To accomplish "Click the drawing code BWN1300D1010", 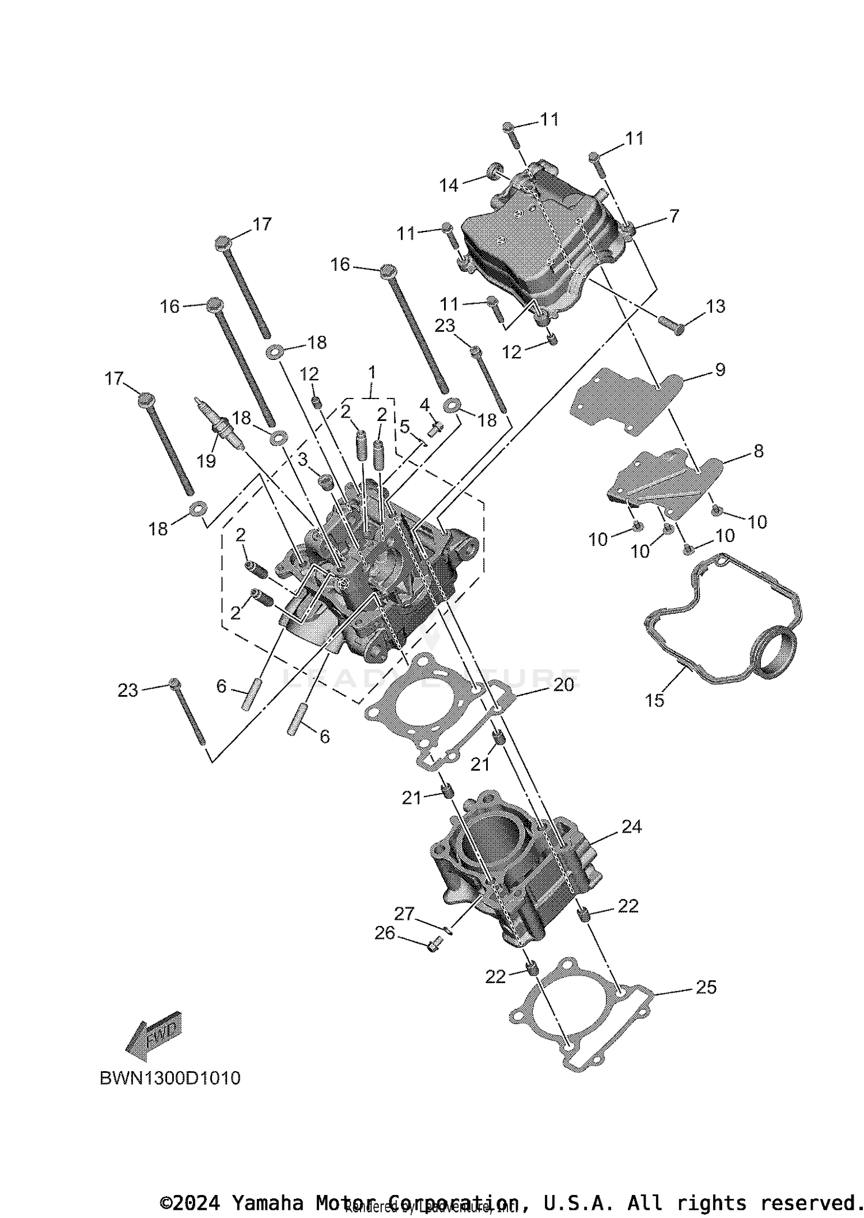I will (170, 1078).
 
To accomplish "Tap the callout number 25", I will (706, 987).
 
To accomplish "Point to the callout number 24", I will (631, 826).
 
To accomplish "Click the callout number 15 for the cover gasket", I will (654, 700).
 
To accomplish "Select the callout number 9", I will (720, 370).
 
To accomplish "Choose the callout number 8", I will (758, 451).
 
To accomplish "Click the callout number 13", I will (715, 306).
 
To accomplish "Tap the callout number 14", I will (449, 185).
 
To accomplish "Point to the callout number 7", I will (673, 216).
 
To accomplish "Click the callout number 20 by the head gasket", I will (563, 685).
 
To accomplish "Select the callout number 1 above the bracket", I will (372, 372).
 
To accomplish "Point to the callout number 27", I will (404, 913).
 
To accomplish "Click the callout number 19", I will (206, 461).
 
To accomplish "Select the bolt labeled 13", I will (672, 325).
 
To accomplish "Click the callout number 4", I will (425, 405).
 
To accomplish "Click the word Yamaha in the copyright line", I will (267, 1203).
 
